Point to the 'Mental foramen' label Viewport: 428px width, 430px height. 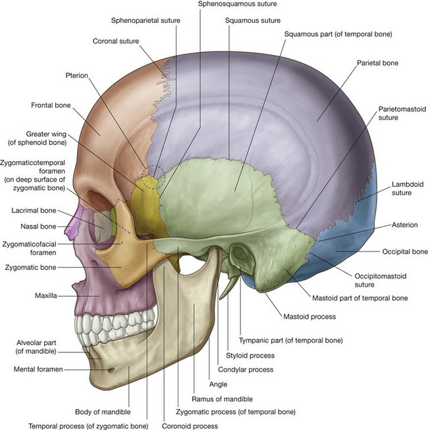click(x=38, y=370)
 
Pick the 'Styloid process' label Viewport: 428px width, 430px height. click(x=250, y=355)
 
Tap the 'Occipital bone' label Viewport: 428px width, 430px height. click(x=405, y=252)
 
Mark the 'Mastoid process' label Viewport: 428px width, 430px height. click(x=310, y=316)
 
